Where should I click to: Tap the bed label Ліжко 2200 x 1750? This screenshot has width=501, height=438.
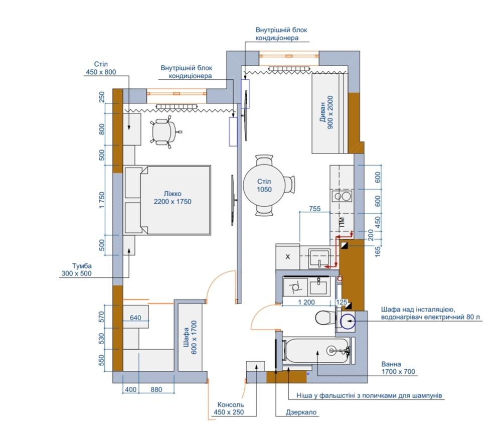[x=173, y=198]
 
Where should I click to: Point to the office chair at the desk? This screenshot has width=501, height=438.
[x=165, y=132]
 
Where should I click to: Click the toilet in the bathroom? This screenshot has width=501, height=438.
[x=325, y=318]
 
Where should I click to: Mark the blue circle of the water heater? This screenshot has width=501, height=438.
[x=348, y=322]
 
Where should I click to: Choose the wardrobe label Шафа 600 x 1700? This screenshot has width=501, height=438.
[x=191, y=337]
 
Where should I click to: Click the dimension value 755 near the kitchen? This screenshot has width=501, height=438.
[x=315, y=208]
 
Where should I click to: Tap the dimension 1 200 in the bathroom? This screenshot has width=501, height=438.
[x=306, y=302]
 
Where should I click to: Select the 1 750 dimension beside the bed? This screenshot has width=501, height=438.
[x=102, y=200]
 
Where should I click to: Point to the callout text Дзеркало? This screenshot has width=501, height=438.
[x=301, y=412]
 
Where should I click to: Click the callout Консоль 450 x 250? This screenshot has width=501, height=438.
[x=229, y=408]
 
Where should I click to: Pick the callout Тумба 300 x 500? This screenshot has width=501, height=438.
[x=77, y=269]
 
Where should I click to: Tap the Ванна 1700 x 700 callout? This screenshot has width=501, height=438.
[x=398, y=368]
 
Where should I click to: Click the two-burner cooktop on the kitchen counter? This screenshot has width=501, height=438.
[x=342, y=196]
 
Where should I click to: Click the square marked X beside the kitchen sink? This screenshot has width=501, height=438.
[x=287, y=257]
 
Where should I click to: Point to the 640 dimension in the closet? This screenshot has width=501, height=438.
[x=135, y=318]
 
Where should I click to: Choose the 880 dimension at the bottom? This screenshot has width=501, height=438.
[x=156, y=389]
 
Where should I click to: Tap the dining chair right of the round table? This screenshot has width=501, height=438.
[x=290, y=185]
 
